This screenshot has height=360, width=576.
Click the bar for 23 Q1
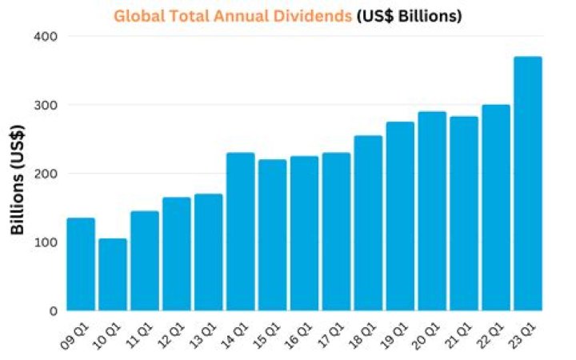[528, 184]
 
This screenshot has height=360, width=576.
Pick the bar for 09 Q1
[81, 264]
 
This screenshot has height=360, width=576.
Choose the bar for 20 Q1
[432, 211]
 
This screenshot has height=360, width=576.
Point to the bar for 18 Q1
[368, 223]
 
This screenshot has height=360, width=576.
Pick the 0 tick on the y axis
[52, 311]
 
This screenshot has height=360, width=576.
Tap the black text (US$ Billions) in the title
[408, 16]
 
